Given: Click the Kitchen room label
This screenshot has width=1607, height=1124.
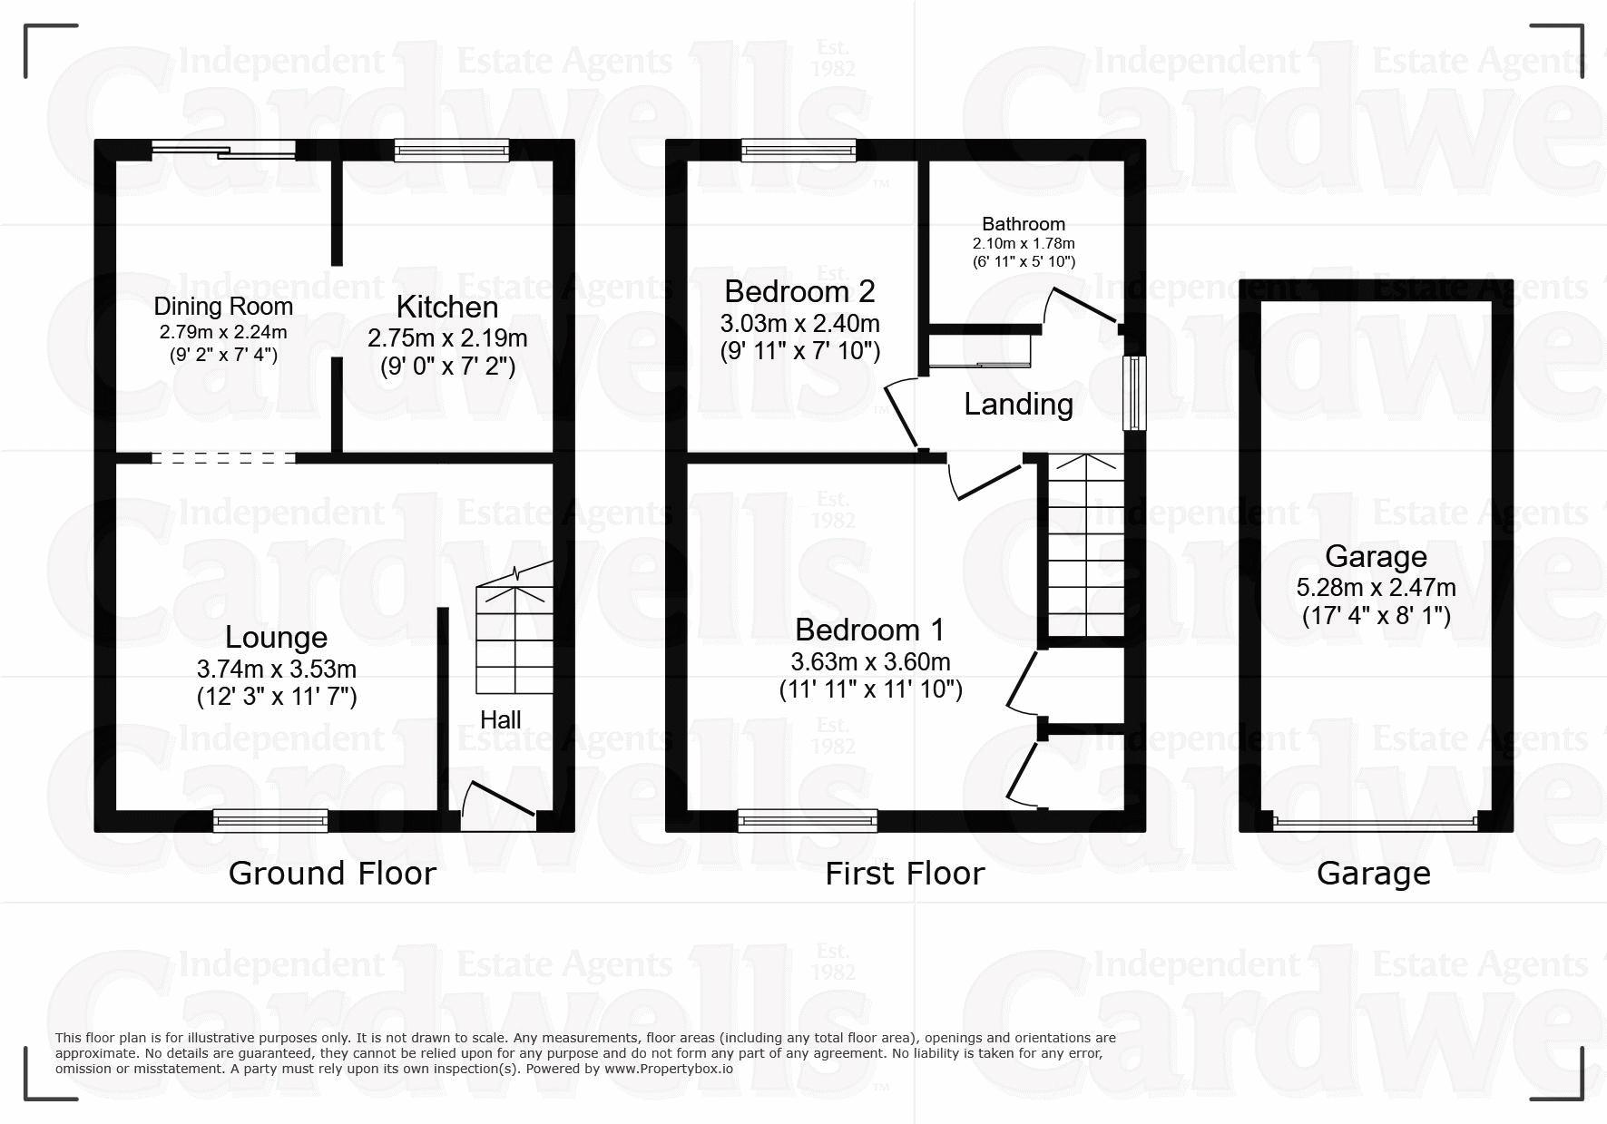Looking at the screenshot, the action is [x=447, y=307].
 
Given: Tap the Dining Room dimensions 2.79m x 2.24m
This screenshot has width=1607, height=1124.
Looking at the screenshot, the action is [x=223, y=332].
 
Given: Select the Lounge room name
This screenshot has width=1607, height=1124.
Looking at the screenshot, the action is [x=276, y=638].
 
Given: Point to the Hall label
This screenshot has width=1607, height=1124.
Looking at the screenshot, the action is [x=500, y=719].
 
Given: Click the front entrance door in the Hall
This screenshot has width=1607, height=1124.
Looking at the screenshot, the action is [x=498, y=800].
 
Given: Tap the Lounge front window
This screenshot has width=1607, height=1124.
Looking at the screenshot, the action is [x=270, y=821].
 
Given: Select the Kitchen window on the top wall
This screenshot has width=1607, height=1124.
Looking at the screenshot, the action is [x=451, y=150].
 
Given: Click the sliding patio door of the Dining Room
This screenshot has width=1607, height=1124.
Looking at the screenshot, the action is [x=223, y=150].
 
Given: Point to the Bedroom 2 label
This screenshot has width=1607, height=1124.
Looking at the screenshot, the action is [x=799, y=291].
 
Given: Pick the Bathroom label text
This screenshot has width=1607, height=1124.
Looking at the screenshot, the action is [x=1024, y=224].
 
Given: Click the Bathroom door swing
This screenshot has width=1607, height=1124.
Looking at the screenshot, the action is [x=1080, y=307].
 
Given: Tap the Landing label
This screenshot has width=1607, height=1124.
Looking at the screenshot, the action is [x=1018, y=405].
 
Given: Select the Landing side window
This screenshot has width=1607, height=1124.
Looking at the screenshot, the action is [x=1134, y=392].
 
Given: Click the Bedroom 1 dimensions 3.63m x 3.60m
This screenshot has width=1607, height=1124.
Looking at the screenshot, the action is [x=870, y=662].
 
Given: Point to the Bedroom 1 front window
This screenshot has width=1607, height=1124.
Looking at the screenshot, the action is [x=808, y=821].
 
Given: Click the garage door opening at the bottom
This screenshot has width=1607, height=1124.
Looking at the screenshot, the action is [x=1375, y=823].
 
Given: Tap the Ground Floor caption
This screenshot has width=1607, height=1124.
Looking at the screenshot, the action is [x=332, y=873].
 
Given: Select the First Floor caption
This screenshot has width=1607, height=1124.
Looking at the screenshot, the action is [x=905, y=873].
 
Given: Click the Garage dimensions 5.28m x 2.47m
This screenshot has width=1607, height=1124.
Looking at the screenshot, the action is [x=1376, y=588].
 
